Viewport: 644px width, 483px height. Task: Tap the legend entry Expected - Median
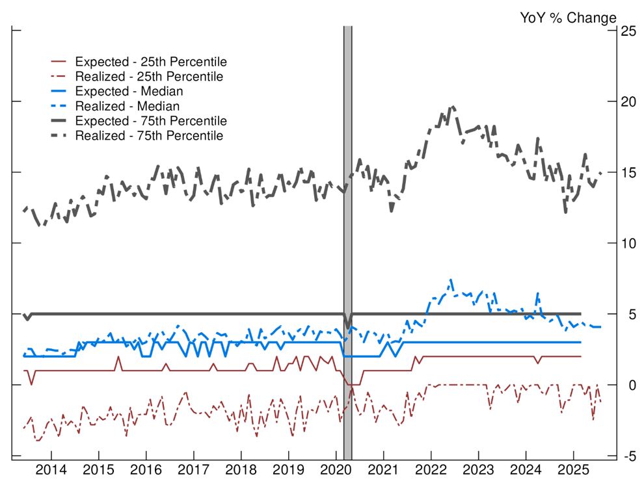(129, 92)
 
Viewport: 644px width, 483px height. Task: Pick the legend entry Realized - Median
(127, 106)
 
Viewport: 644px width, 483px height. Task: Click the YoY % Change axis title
(567, 18)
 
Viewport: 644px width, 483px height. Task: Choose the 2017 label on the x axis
(193, 470)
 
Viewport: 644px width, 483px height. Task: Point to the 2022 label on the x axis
(431, 470)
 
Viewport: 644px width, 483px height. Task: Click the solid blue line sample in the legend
(60, 92)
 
